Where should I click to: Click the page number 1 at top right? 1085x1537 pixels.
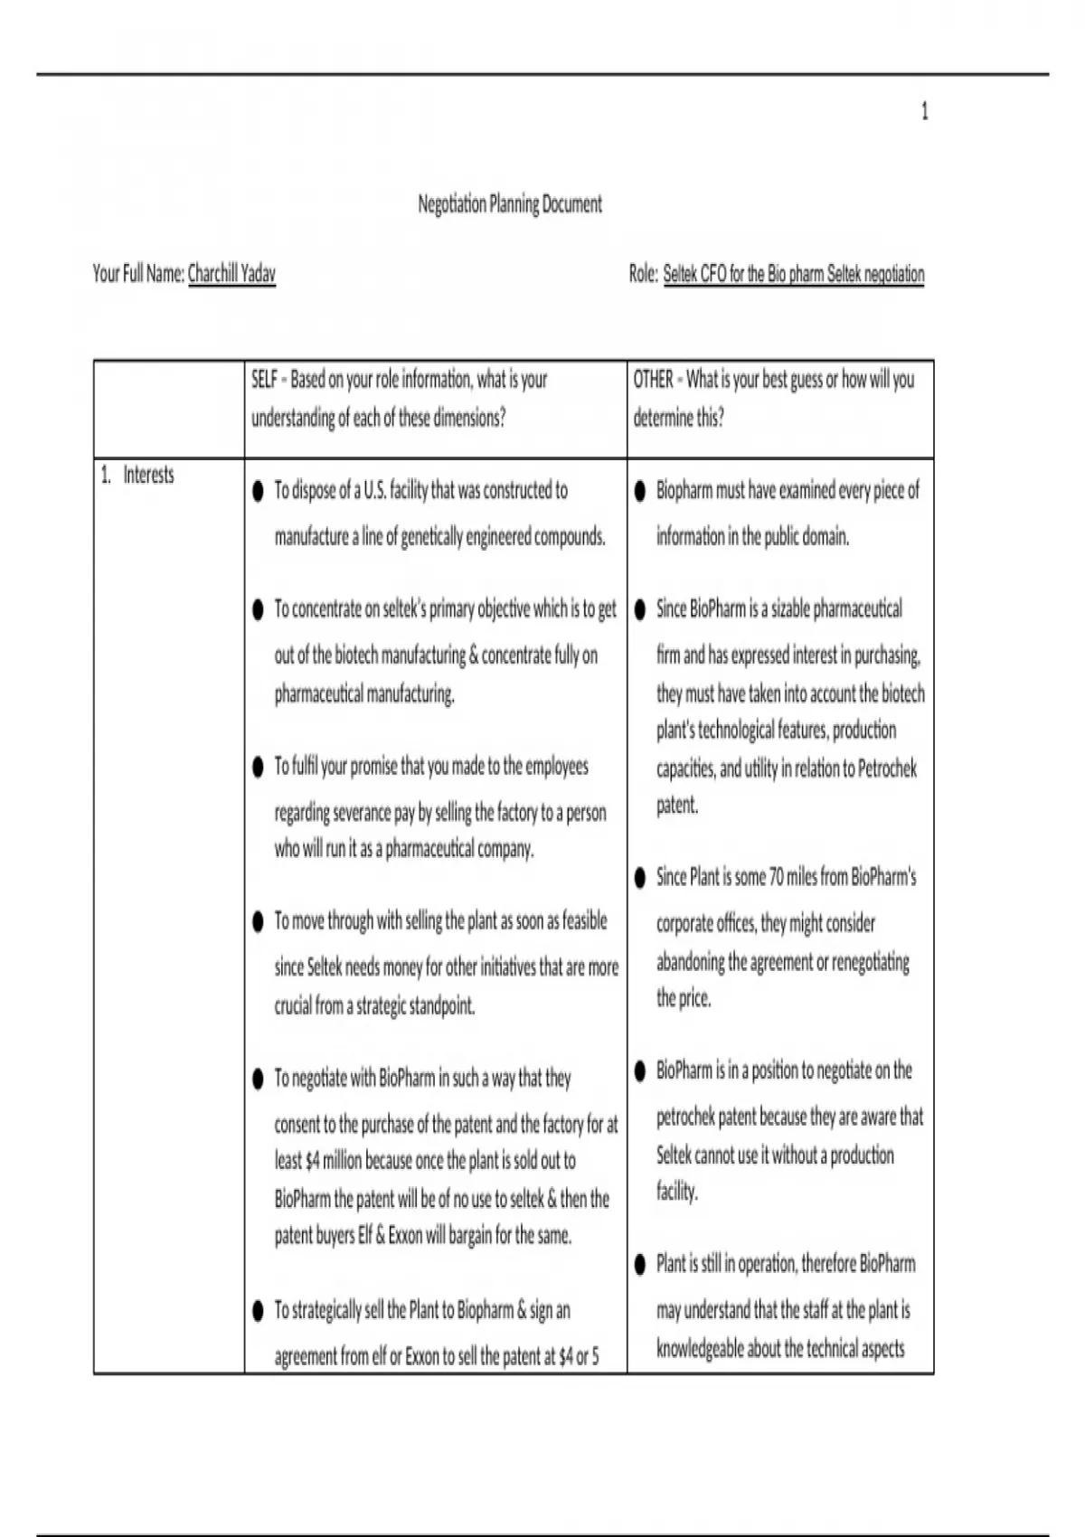pos(924,111)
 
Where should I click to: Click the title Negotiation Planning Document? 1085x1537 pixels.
pos(509,204)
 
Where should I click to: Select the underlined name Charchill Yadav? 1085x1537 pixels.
pos(231,273)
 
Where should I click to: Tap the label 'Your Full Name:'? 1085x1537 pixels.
pos(138,273)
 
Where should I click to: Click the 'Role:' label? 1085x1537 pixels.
pos(643,273)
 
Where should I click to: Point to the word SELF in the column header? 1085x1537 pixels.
pos(264,380)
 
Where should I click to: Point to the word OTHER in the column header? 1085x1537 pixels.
pos(653,380)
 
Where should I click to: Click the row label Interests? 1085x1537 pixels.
pos(148,475)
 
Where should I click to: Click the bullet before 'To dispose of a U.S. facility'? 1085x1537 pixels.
pos(258,491)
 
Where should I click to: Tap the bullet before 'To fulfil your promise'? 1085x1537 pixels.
pos(258,767)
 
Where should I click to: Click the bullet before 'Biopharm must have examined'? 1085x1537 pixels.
pos(640,491)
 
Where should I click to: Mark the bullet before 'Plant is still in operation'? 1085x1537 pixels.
pos(640,1264)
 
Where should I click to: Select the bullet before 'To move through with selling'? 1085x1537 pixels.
pos(258,921)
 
